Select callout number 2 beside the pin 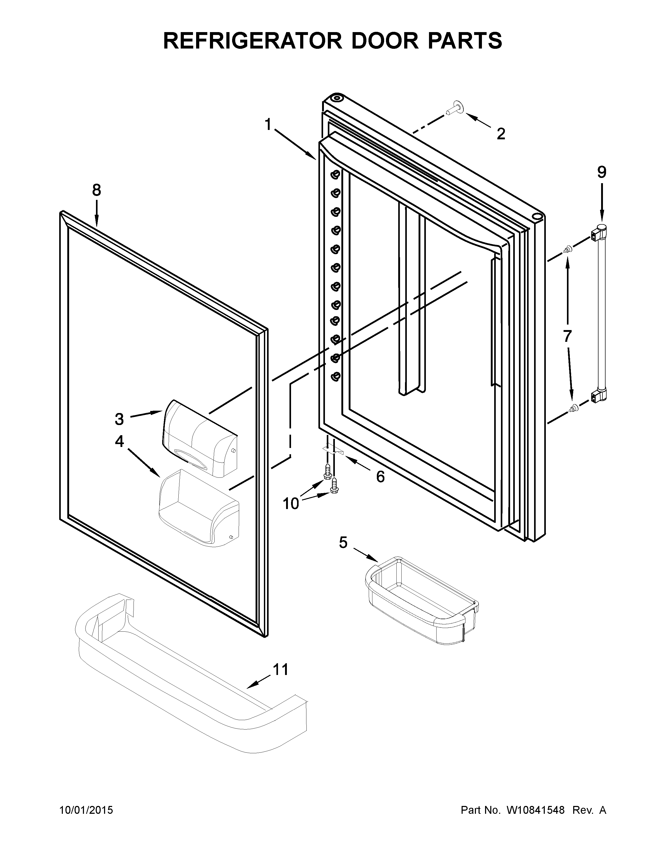tap(501, 134)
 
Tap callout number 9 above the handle tap(602, 172)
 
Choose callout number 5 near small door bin tap(343, 543)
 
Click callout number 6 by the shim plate tap(380, 477)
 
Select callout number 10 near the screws tap(291, 504)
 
